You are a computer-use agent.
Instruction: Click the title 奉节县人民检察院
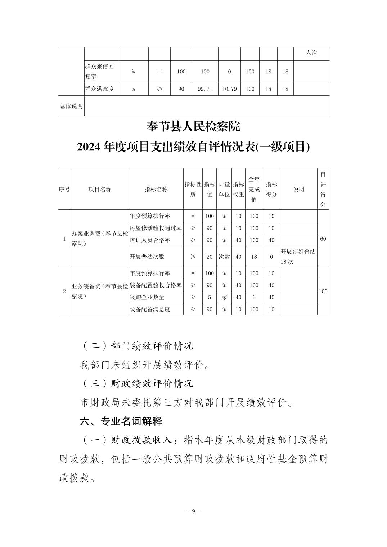pyautogui.click(x=193, y=127)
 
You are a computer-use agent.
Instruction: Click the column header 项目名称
pyautogui.click(x=100, y=189)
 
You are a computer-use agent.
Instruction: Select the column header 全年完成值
pyautogui.click(x=254, y=189)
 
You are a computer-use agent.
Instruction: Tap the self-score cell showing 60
pyautogui.click(x=323, y=239)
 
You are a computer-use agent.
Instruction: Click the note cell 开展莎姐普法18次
pyautogui.click(x=298, y=257)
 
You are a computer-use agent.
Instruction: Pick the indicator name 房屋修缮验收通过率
pyautogui.click(x=156, y=228)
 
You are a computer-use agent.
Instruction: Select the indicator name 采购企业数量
pyautogui.click(x=147, y=297)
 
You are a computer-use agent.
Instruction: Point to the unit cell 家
pyautogui.click(x=224, y=297)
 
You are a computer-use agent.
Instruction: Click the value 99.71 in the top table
pyautogui.click(x=205, y=89)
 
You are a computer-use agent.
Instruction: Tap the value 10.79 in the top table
pyautogui.click(x=229, y=89)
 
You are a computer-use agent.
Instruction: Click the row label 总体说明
pyautogui.click(x=71, y=106)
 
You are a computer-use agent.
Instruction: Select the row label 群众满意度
pyautogui.click(x=99, y=89)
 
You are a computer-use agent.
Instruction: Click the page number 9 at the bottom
pyautogui.click(x=193, y=511)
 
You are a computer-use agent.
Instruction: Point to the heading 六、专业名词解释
pyautogui.click(x=121, y=421)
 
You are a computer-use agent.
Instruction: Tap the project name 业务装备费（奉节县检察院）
pyautogui.click(x=100, y=291)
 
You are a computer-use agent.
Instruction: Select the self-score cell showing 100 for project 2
pyautogui.click(x=323, y=291)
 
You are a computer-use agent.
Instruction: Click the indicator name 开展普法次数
pyautogui.click(x=147, y=257)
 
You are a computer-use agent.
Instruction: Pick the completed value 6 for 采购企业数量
pyautogui.click(x=254, y=297)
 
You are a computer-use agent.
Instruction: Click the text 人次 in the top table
pyautogui.click(x=311, y=53)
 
